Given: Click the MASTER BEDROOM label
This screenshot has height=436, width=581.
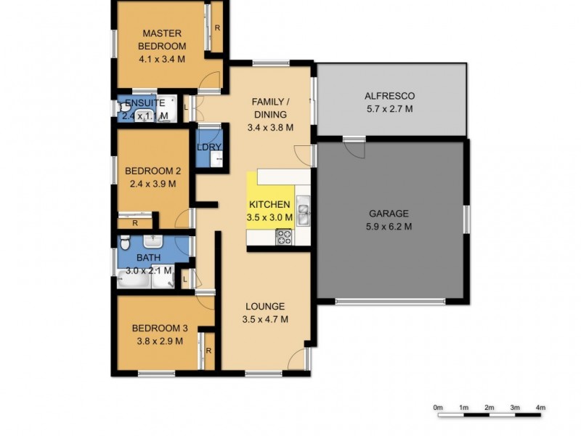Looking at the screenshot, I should point(161,40).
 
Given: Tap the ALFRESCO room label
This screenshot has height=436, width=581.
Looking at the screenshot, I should point(389,96).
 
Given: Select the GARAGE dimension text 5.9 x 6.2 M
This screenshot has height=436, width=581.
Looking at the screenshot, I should point(389,227).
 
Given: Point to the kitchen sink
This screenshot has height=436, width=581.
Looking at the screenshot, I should point(304,212).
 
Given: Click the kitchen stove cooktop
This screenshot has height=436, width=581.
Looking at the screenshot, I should point(283,236).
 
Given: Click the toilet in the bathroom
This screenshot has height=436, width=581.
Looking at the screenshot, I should point(124,242).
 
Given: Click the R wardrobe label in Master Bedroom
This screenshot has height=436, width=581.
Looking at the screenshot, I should point(217,28).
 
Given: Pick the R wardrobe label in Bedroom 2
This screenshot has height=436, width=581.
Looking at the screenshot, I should point(133,223).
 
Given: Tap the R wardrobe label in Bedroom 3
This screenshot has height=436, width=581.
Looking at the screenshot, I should point(208,351).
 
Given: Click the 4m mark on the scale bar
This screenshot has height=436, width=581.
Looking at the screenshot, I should point(540,408).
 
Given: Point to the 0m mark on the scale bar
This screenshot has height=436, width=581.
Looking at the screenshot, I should point(437,408).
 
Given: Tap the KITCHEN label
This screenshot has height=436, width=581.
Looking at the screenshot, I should point(270,204).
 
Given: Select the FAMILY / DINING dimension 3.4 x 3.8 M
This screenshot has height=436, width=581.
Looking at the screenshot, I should point(269,127).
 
